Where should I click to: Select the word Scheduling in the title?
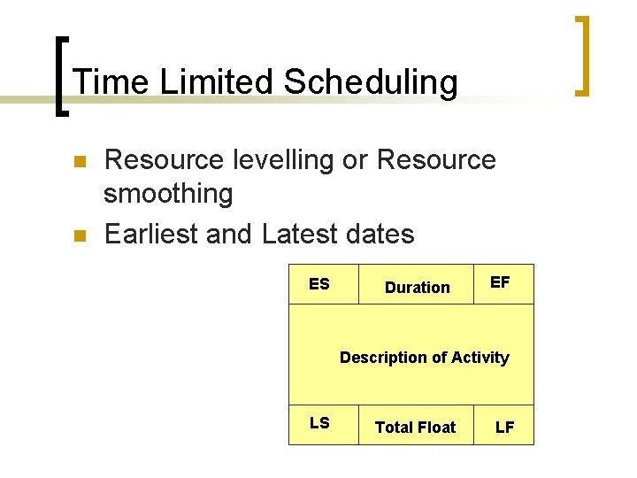click(371, 82)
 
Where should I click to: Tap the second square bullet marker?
click(77, 235)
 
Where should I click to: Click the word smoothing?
click(168, 193)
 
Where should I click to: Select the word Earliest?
click(150, 234)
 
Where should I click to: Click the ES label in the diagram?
click(319, 284)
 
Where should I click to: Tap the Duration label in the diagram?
click(417, 288)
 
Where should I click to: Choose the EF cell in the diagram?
click(500, 282)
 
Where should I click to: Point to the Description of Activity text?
click(424, 358)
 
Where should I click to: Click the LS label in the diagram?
click(319, 423)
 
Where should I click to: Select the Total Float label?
click(415, 428)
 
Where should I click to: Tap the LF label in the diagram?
click(504, 428)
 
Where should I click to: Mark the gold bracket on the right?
click(582, 55)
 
